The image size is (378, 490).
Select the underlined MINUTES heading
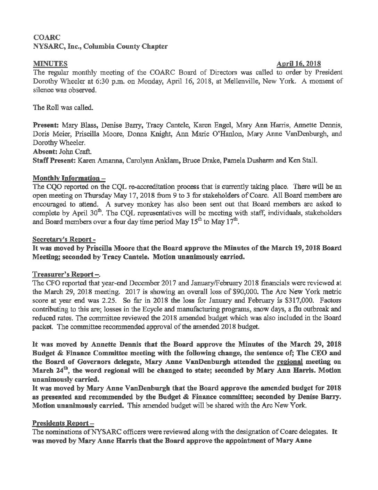point(50,64)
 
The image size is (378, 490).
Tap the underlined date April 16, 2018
point(298,64)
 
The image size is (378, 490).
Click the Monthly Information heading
point(69,178)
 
